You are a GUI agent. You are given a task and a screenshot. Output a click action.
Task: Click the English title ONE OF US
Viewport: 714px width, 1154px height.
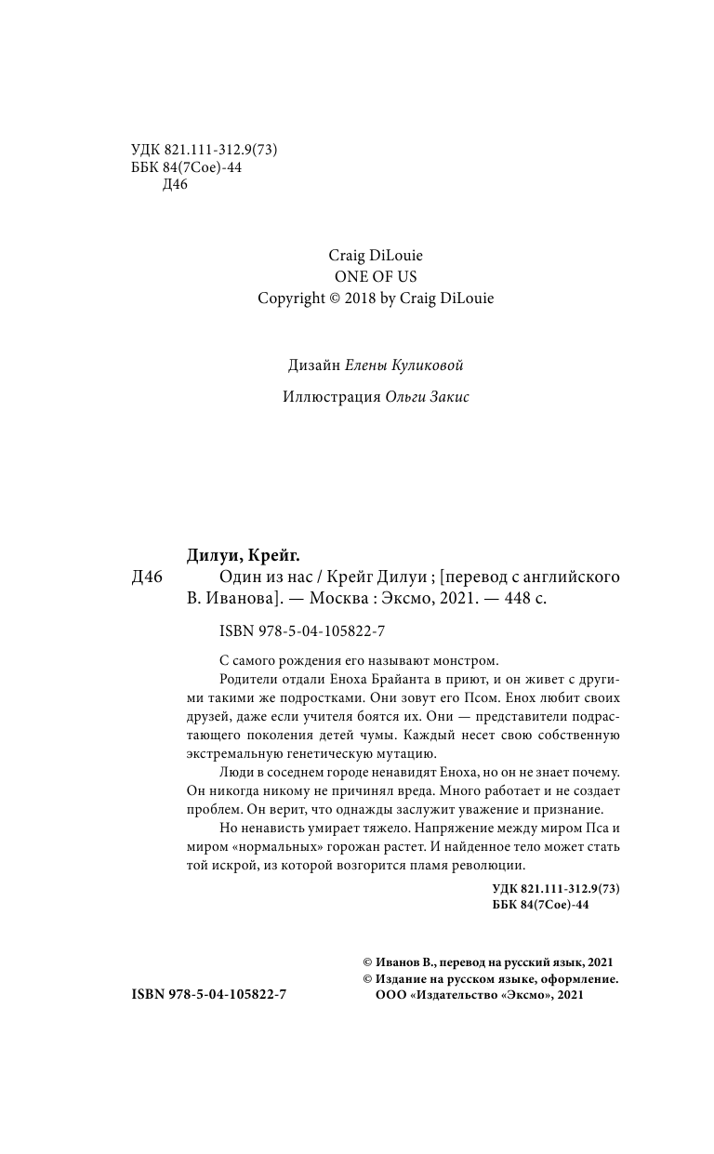point(376,276)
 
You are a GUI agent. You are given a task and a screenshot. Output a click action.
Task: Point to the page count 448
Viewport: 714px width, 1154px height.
point(515,599)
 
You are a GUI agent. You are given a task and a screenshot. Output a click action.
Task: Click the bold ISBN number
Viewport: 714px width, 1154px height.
point(210,995)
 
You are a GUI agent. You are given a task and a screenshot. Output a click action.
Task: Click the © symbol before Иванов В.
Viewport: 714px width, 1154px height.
point(366,962)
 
